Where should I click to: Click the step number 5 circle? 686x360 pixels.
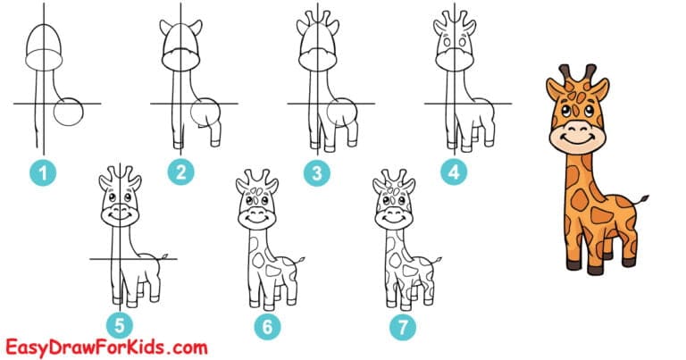(117, 328)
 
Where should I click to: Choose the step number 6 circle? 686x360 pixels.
(265, 328)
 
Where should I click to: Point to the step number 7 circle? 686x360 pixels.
(402, 328)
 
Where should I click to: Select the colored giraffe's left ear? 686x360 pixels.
(551, 88)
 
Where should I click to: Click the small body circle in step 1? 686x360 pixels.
(67, 113)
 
